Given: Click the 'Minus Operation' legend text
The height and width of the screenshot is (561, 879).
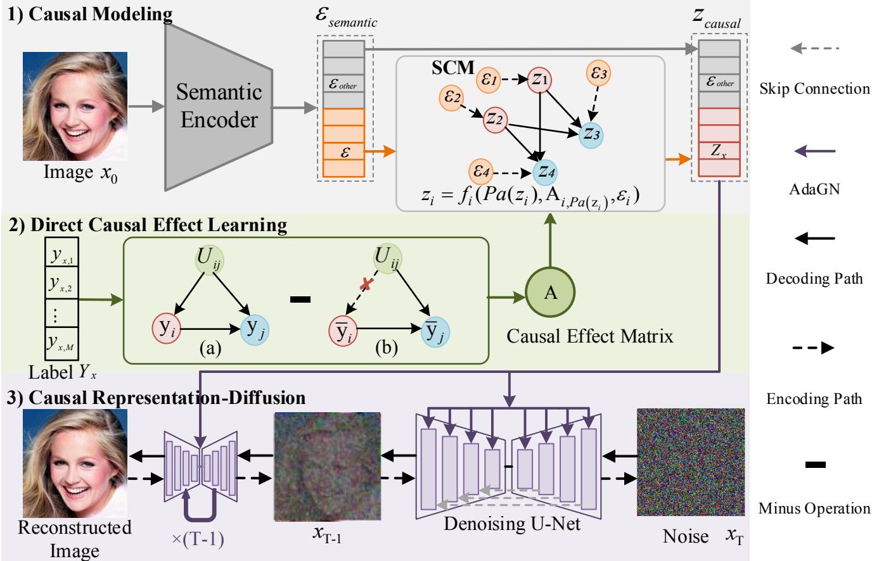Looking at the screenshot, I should coord(814,508).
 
